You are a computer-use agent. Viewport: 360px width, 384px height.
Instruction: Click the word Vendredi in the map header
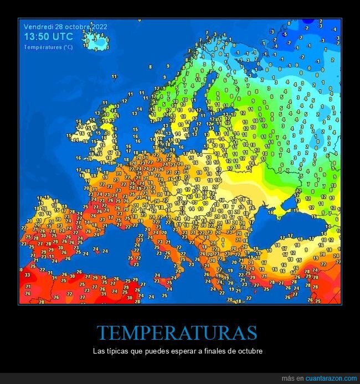coord(38,27)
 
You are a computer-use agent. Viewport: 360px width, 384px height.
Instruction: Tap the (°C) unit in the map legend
coord(68,47)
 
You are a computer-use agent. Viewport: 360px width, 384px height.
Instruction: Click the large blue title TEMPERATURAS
coord(177,333)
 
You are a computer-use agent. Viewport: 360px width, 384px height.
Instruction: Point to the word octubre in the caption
coord(249,352)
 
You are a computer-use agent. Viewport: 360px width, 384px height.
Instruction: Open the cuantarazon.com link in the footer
coord(331,378)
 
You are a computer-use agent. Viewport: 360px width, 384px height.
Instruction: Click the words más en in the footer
coord(293,378)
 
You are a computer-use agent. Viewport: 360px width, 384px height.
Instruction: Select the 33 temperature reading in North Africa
coord(27,274)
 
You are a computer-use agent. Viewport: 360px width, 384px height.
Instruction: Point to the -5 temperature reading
coord(285,34)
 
